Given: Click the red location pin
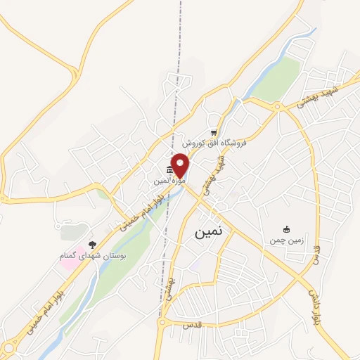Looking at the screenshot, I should (x=181, y=165).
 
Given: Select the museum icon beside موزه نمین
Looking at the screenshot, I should (x=169, y=170).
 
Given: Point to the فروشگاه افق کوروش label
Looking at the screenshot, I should (x=213, y=142).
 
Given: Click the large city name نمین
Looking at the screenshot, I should (x=207, y=233).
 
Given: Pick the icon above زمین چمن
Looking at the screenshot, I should (x=286, y=229).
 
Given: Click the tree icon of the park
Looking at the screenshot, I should (x=92, y=244).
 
